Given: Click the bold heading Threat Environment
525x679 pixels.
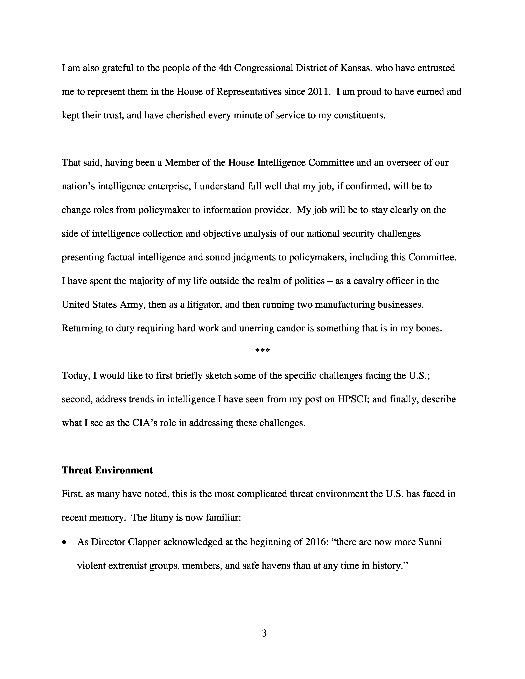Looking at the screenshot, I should click(107, 470).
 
